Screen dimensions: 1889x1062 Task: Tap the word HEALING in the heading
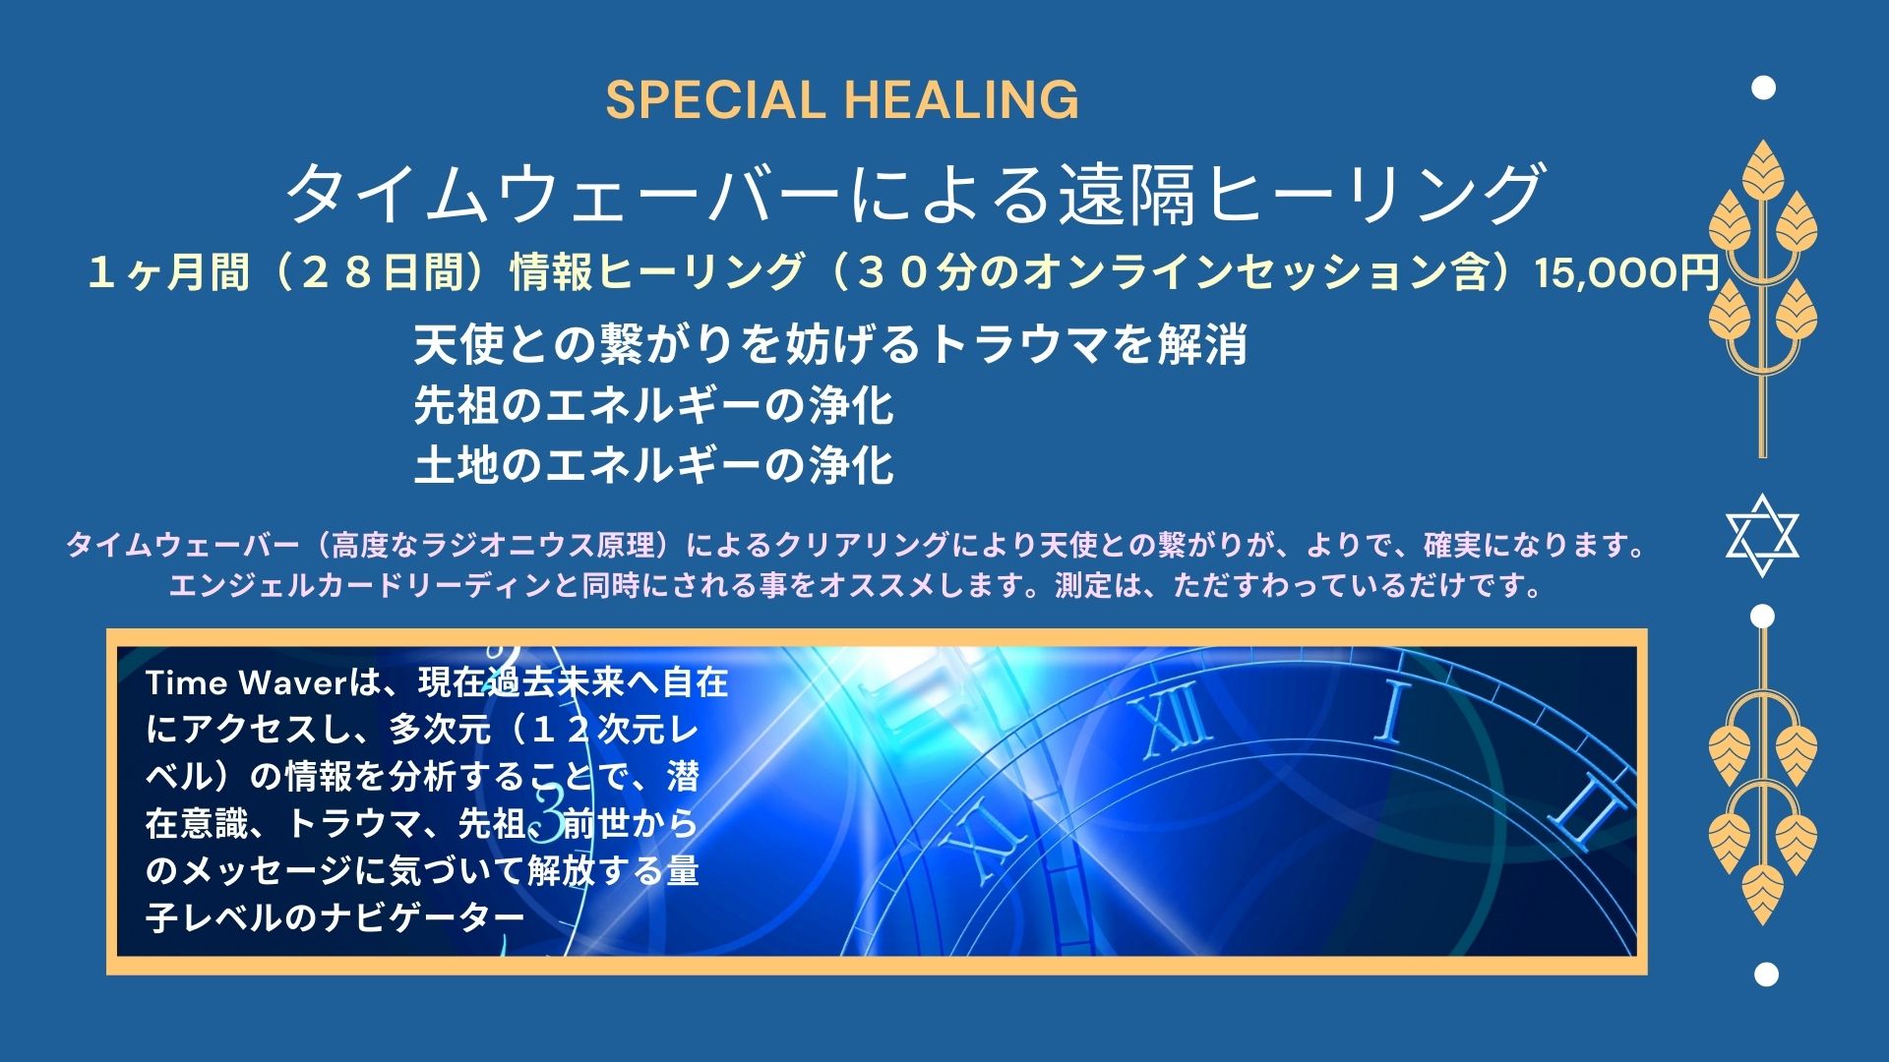(961, 100)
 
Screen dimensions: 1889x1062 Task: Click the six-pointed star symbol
(1762, 535)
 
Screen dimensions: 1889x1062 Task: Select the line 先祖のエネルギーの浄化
(653, 405)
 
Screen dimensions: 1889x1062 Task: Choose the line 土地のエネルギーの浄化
(653, 465)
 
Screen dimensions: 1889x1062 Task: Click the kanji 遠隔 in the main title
(1126, 194)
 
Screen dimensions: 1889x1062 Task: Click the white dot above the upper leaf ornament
(1764, 88)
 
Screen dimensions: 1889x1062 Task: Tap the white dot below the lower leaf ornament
(1766, 974)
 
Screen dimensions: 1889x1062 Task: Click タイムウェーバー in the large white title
(564, 194)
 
